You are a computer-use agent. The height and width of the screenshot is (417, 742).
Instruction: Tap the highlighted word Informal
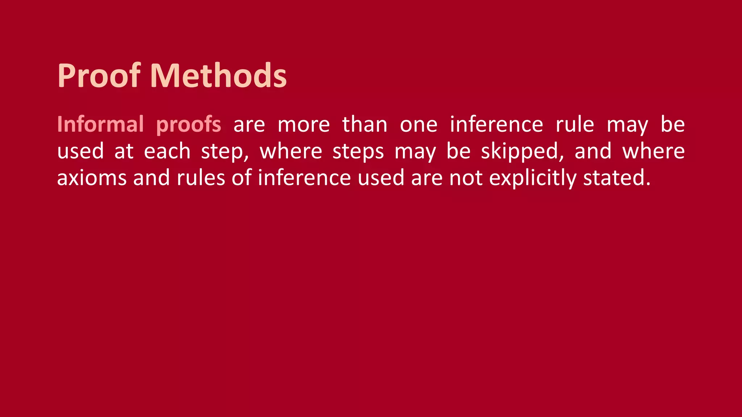point(100,124)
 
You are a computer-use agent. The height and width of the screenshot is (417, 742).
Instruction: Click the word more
point(304,125)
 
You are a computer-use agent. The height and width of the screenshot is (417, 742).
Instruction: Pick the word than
point(364,124)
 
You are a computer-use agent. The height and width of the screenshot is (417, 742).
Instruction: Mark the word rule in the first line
point(575,124)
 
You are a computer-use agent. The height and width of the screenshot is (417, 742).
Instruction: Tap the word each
point(167,151)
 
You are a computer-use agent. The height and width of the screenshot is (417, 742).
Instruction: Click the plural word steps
point(358,152)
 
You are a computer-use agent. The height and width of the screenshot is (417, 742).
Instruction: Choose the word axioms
point(92,178)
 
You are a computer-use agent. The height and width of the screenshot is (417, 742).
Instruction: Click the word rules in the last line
point(201,178)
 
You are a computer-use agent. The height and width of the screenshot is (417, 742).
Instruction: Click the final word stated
point(614,178)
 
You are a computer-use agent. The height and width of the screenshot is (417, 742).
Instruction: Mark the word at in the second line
point(124,151)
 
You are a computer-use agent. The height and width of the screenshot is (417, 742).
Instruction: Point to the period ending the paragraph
point(648,184)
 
